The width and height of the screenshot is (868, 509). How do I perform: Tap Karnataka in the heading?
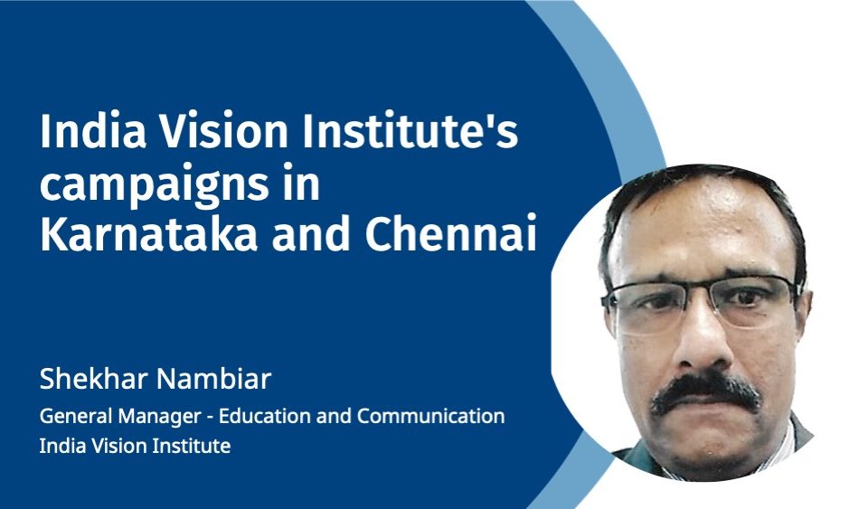coord(149,234)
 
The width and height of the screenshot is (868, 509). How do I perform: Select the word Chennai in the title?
coord(450,234)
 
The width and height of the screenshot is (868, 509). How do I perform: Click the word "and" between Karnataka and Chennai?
coord(311,234)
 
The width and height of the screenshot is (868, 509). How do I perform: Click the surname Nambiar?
coord(213,380)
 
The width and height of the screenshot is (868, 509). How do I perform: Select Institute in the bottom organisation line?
coord(192,446)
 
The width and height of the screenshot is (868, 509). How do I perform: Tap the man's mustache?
coord(704,393)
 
